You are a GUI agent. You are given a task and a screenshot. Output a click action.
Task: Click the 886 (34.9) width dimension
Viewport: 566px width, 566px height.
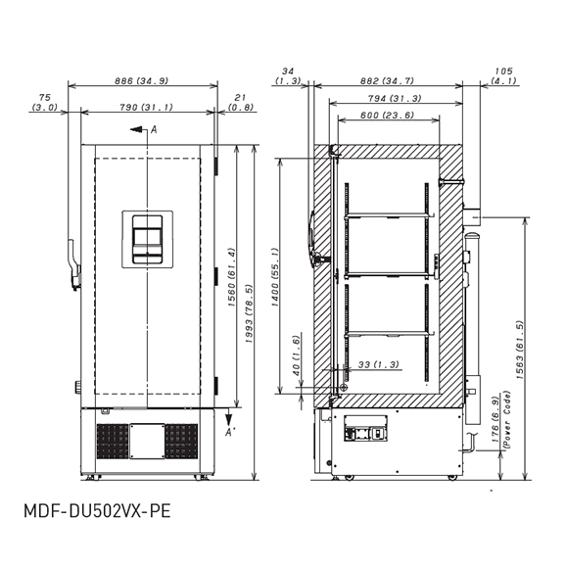141,81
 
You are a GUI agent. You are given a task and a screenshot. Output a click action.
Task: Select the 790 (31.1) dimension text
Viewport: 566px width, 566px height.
146,107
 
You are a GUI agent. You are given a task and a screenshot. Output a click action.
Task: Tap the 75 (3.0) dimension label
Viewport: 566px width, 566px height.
45,103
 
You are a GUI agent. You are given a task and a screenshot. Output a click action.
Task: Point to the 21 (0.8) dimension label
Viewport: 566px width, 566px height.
241,103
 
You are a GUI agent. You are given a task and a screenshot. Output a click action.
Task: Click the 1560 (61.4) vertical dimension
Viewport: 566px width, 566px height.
232,277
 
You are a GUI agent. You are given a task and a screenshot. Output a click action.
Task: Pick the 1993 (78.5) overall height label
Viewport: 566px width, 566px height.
249,313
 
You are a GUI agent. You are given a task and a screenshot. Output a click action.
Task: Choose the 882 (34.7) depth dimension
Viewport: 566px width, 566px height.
387,81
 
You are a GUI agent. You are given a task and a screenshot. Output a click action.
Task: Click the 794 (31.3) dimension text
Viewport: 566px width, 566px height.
395,98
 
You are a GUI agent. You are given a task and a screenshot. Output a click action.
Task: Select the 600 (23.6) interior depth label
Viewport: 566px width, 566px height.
387,116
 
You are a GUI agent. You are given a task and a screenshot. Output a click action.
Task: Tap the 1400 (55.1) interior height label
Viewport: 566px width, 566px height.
275,277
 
